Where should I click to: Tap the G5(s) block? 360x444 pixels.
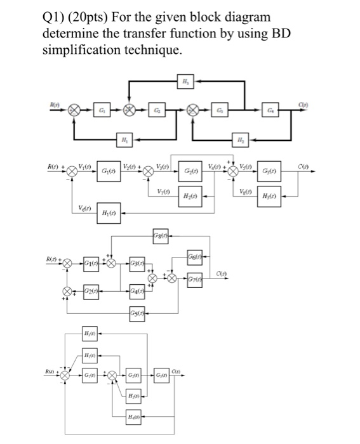coord(138,313)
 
